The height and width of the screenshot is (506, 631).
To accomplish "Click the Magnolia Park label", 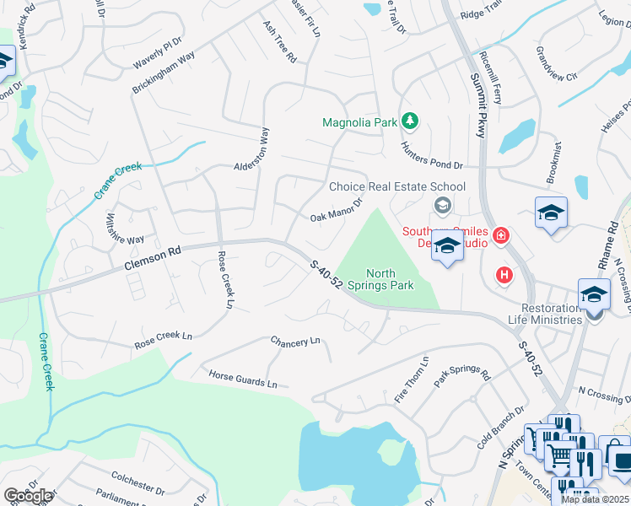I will pos(359,122).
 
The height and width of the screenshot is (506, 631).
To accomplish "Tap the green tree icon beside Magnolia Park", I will pos(410,121).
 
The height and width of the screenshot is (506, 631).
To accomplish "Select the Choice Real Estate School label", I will pos(396,186).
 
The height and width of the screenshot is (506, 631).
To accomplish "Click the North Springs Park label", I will pos(391,279).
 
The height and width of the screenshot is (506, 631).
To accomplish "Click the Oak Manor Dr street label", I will pos(336,210).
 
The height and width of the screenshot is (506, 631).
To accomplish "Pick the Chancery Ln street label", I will pos(295,342).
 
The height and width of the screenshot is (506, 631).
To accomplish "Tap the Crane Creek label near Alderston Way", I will pos(117,180).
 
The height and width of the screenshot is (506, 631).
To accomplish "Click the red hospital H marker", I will pos(504,274).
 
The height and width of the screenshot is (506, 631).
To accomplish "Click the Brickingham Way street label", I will pos(164,73).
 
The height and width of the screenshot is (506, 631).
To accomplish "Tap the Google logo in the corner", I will pos(28,496).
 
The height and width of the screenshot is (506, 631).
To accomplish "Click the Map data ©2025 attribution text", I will pos(596,499).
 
